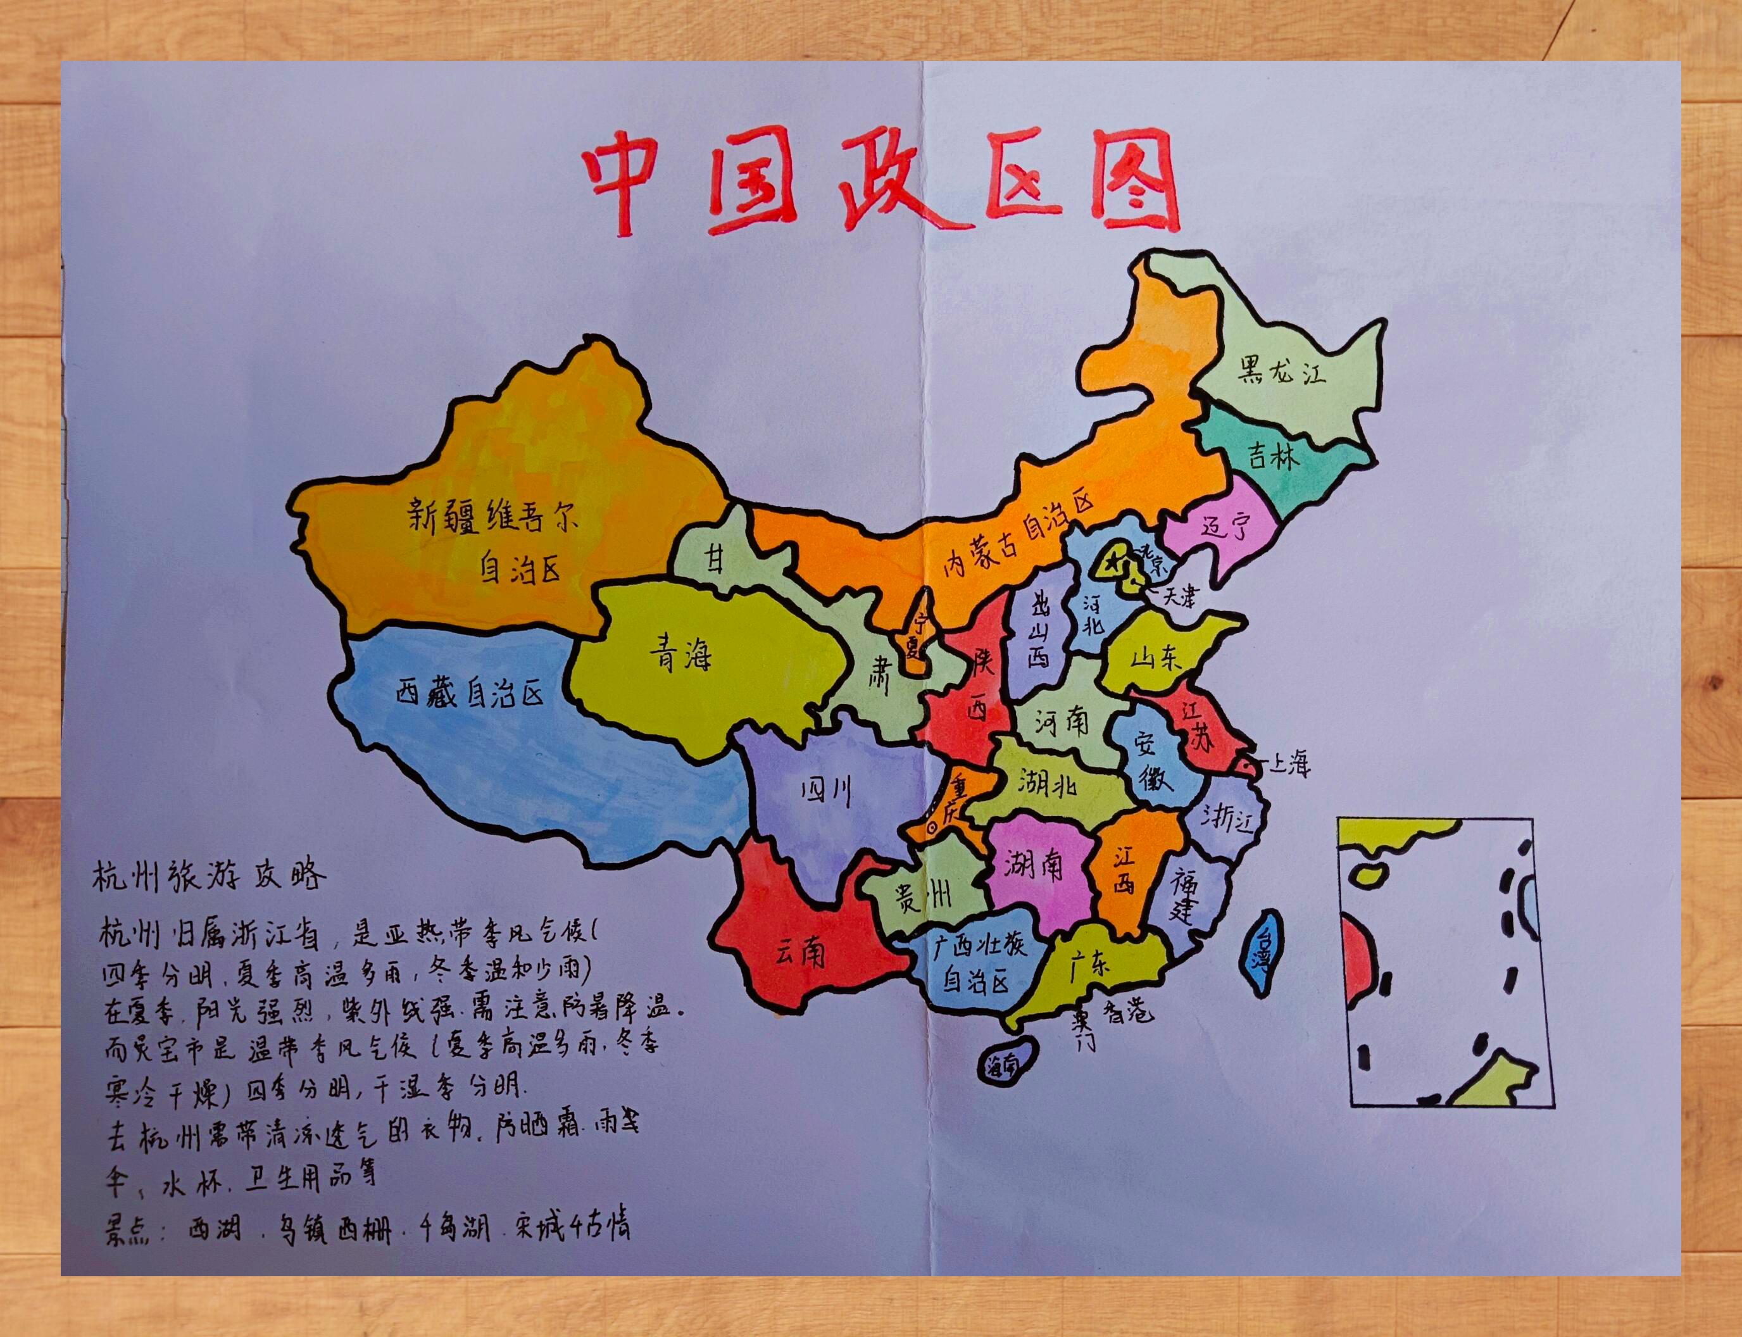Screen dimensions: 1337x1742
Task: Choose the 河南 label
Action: pyautogui.click(x=1062, y=722)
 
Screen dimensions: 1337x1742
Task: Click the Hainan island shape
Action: pyautogui.click(x=1005, y=1062)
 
